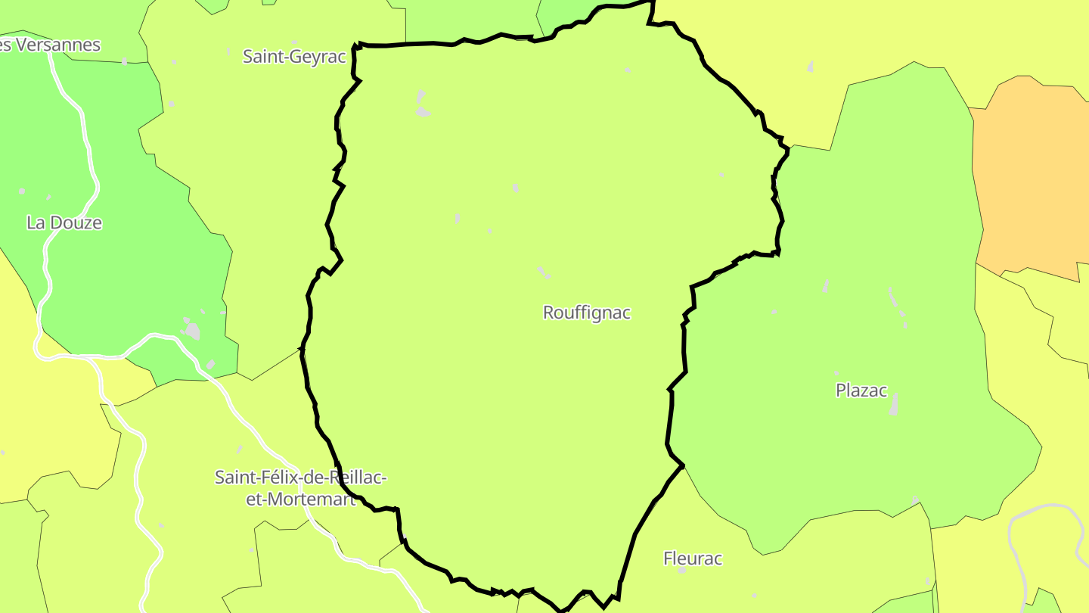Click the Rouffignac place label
[586, 313]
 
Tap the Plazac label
[861, 391]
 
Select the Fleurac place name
[692, 559]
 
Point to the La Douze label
[64, 222]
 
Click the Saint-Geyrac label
[294, 56]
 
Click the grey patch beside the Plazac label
[895, 405]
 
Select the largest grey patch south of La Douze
[192, 331]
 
